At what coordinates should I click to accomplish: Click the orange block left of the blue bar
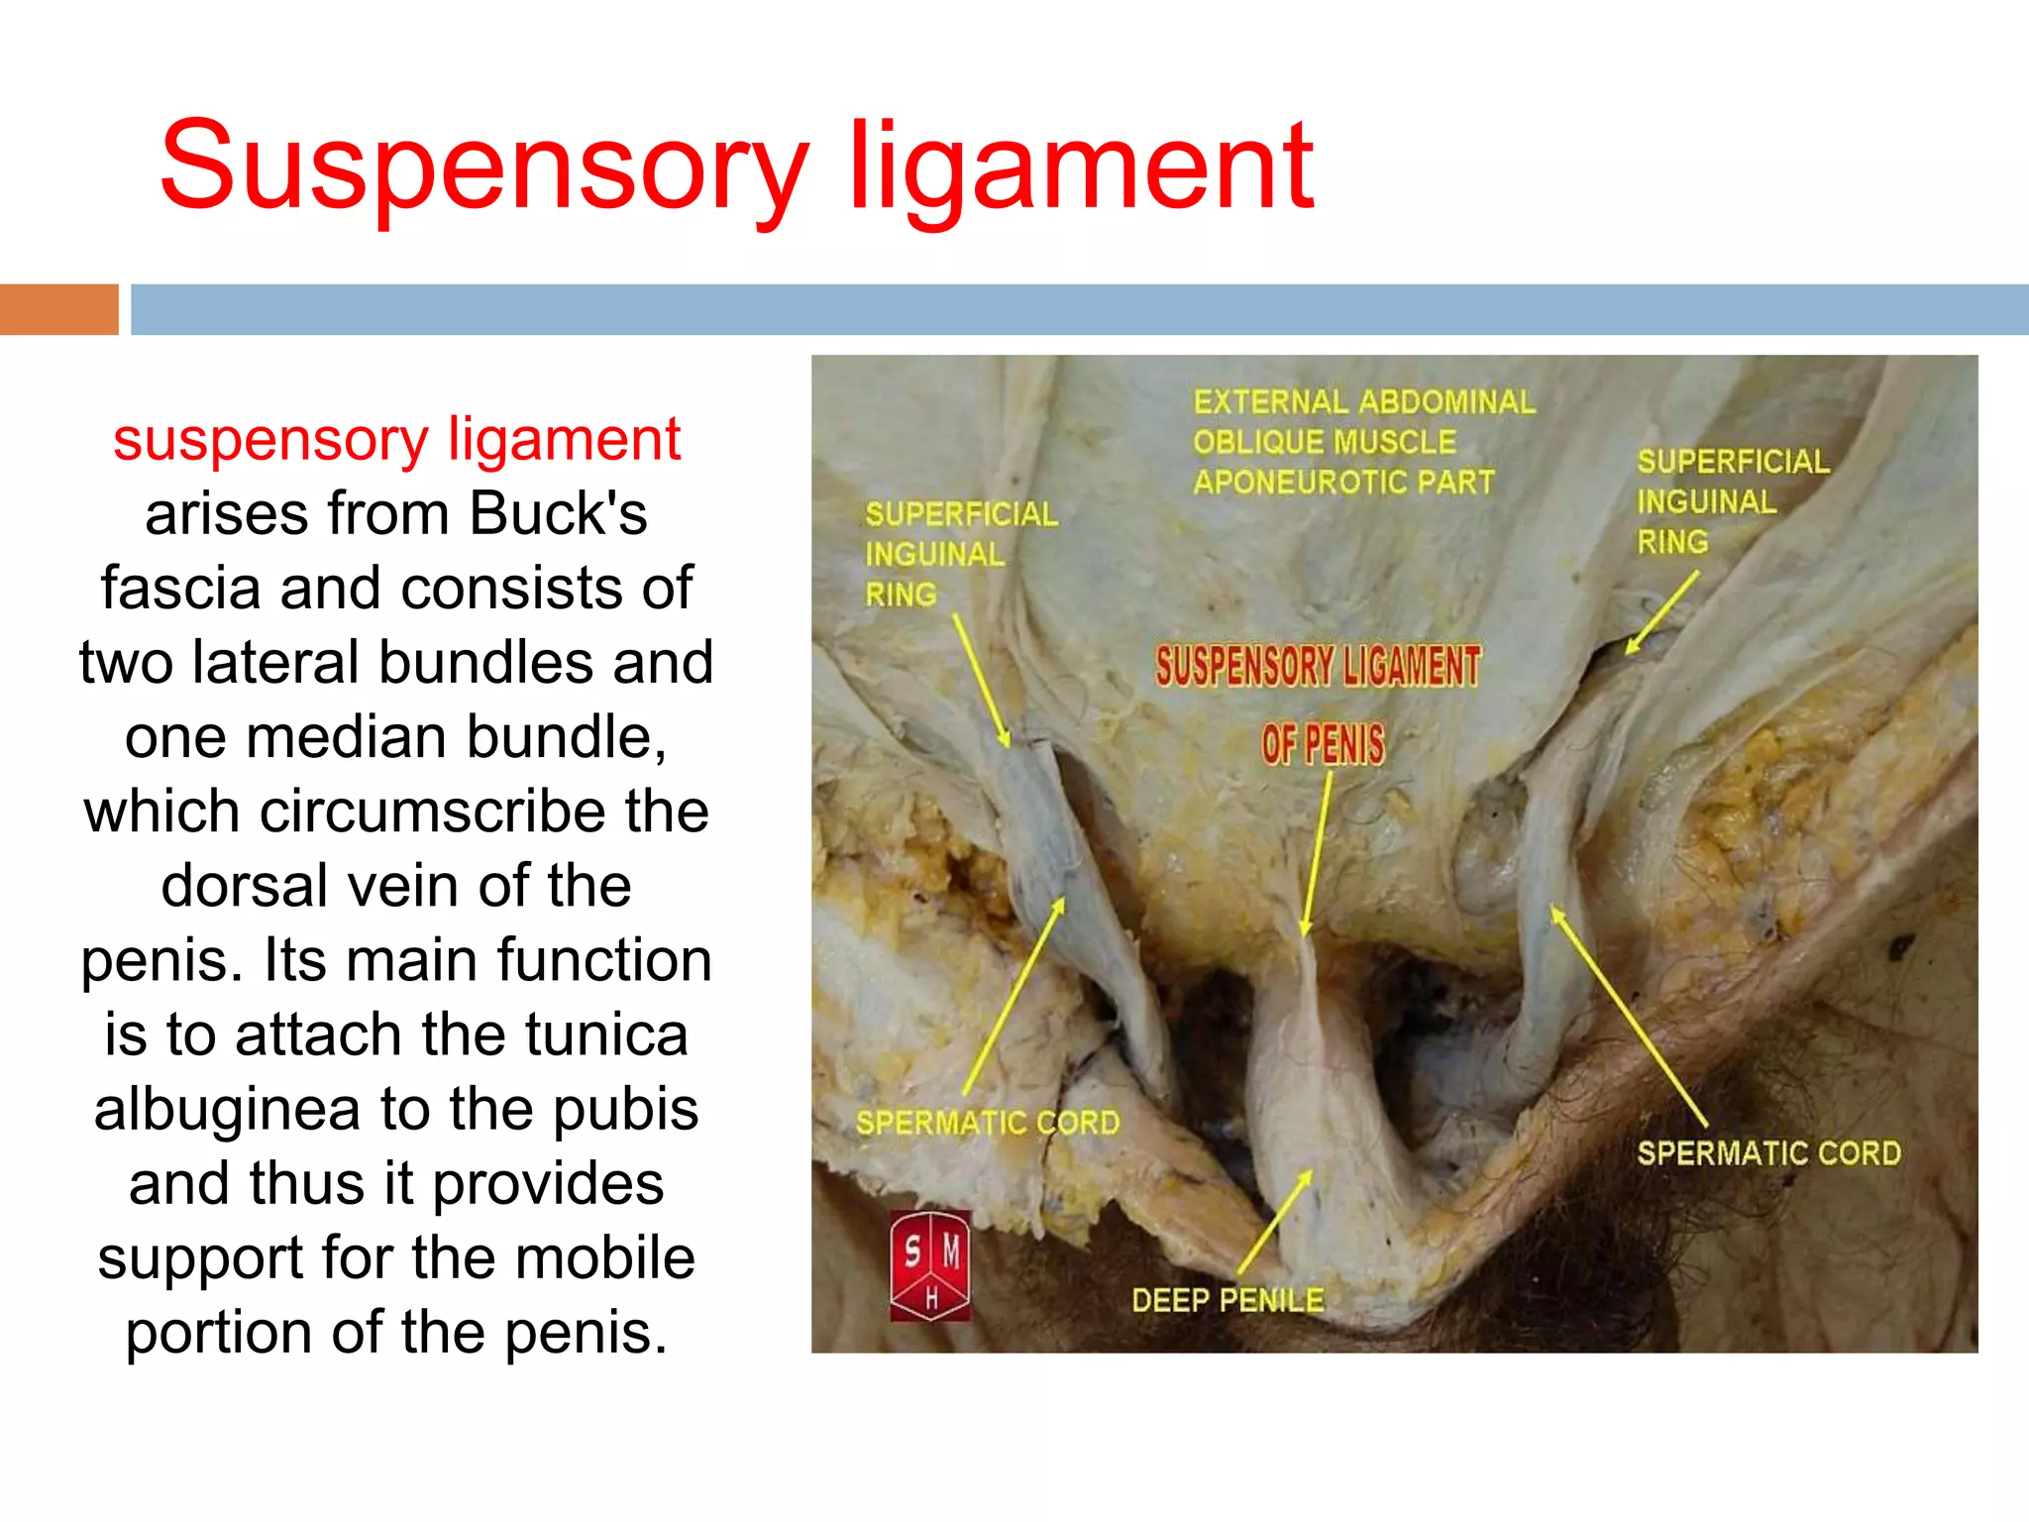(x=58, y=309)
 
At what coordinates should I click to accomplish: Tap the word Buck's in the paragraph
(x=558, y=514)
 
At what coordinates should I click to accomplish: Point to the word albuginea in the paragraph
(x=227, y=1109)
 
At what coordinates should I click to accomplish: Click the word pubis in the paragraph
(x=625, y=1109)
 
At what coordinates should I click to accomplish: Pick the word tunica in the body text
(x=606, y=1034)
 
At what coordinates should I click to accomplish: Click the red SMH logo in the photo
(x=929, y=1265)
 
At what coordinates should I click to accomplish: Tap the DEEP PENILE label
(x=1228, y=1300)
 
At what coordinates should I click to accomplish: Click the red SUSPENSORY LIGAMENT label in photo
(x=1318, y=666)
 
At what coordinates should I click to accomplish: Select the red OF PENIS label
(x=1323, y=744)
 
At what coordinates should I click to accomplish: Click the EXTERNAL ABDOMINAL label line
(x=1364, y=402)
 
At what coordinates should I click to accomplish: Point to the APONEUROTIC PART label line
(x=1343, y=483)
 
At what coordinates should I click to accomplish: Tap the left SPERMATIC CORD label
(x=988, y=1123)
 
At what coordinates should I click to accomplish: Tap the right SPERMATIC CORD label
(x=1768, y=1153)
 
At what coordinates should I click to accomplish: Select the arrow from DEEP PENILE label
(x=1274, y=1222)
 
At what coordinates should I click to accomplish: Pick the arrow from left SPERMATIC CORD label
(x=1013, y=996)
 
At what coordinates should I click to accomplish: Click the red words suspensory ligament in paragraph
(x=396, y=440)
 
